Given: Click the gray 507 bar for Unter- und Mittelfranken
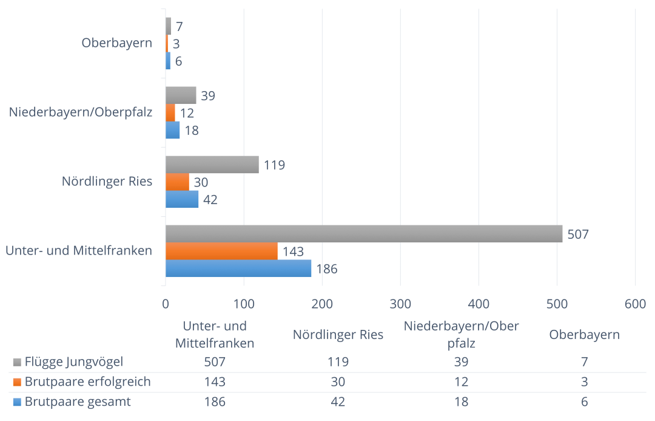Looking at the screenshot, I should coord(364,234).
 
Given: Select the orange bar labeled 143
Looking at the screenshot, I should coord(221,251).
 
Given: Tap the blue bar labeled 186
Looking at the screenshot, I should coord(238,269).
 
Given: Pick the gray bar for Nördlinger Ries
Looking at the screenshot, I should coord(212,165).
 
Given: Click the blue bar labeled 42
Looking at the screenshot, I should coord(182,199).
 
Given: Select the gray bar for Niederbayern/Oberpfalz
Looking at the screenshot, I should coord(181,95).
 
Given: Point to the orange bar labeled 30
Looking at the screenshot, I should coord(177,182).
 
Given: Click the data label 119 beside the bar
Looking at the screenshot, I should coord(275,165).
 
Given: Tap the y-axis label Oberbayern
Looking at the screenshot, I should coord(116,43).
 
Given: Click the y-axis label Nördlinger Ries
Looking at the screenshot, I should coord(107,182).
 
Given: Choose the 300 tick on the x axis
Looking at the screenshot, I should coord(400,304).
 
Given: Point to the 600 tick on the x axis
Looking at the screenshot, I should coord(635,304).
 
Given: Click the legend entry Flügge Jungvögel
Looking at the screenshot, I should coord(74,362).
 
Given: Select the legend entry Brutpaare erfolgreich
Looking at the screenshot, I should coord(87,382).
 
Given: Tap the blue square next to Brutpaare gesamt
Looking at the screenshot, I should coord(17,402).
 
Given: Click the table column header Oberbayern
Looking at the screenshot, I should coord(584,335).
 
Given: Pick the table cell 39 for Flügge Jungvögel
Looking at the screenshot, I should coord(461,362).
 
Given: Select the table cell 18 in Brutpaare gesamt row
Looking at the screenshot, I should coord(461,402).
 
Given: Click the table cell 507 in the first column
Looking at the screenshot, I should coord(215,362).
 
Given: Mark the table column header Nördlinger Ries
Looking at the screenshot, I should coord(338,335).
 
